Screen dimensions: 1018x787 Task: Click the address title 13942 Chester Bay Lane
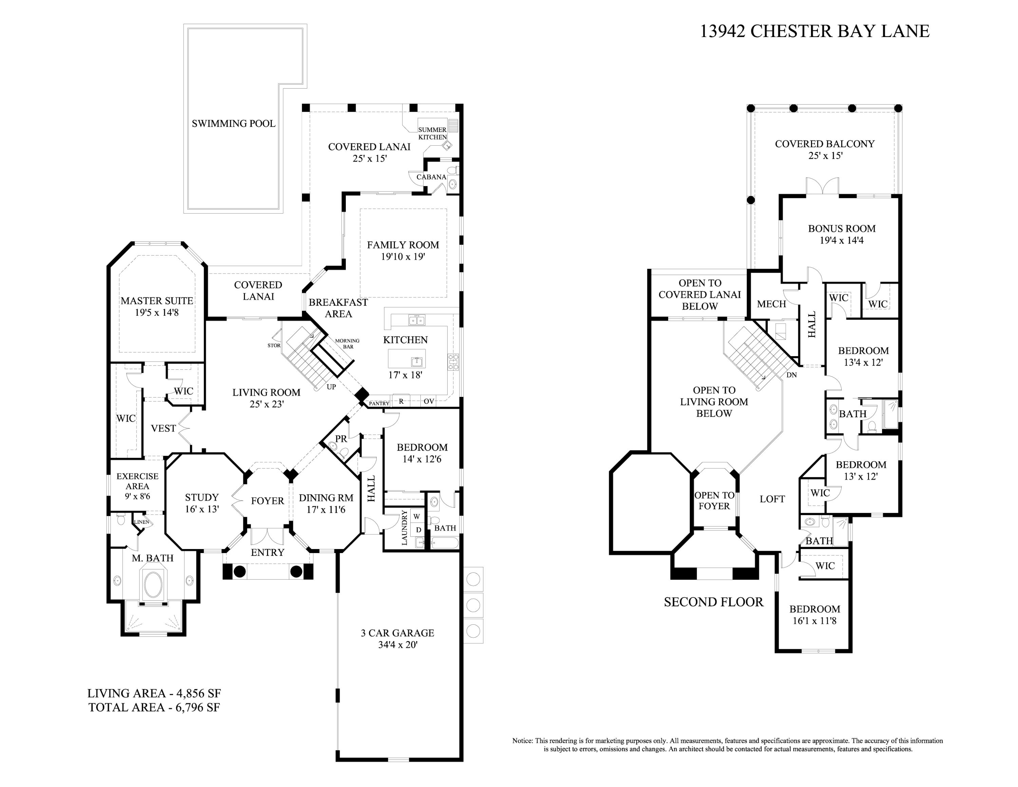pyautogui.click(x=815, y=31)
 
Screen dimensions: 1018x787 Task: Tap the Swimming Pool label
pyautogui.click(x=233, y=124)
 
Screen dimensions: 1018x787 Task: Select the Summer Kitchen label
pyautogui.click(x=432, y=133)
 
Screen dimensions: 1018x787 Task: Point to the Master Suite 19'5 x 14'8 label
pyautogui.click(x=157, y=306)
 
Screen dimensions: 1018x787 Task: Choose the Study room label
pyautogui.click(x=202, y=497)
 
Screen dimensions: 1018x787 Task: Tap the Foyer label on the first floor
pyautogui.click(x=267, y=501)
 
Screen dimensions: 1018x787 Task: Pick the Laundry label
pyautogui.click(x=404, y=528)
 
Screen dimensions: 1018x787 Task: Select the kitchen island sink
pyautogui.click(x=416, y=361)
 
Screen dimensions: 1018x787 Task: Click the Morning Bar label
pyautogui.click(x=347, y=344)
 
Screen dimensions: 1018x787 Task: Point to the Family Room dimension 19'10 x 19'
pyautogui.click(x=403, y=256)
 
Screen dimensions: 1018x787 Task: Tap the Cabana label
pyautogui.click(x=431, y=177)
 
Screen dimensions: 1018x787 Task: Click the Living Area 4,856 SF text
pyautogui.click(x=154, y=693)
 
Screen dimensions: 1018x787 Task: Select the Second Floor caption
pyautogui.click(x=714, y=602)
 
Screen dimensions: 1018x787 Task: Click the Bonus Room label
pyautogui.click(x=842, y=228)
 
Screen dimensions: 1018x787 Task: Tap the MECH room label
pyautogui.click(x=771, y=304)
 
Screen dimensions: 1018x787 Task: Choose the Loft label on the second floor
pyautogui.click(x=772, y=499)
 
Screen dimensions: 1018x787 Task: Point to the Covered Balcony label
pyautogui.click(x=825, y=144)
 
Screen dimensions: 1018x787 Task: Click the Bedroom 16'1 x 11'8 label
pyautogui.click(x=815, y=615)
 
